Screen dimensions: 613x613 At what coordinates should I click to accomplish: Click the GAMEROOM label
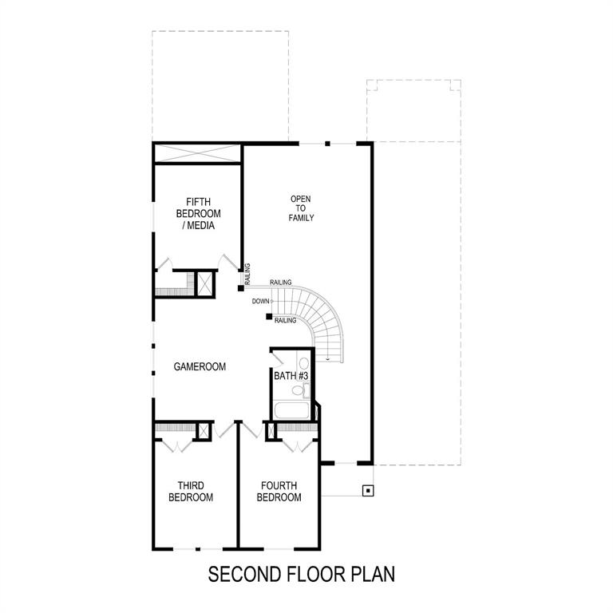(200, 367)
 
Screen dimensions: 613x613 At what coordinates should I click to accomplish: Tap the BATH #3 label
(291, 375)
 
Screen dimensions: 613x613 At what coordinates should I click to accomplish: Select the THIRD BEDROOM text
(195, 492)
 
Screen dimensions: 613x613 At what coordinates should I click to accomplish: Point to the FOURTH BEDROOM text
(279, 492)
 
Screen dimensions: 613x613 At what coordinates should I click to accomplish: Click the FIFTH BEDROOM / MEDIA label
(199, 213)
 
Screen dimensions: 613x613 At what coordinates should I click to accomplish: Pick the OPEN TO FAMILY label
(302, 208)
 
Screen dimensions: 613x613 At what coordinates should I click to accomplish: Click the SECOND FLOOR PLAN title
(302, 573)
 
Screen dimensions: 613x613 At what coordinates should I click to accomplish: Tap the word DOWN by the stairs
(260, 301)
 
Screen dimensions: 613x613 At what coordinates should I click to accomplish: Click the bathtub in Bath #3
(291, 411)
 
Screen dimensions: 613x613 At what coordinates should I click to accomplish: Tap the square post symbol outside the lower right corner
(367, 490)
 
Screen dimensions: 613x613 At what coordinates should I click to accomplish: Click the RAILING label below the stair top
(285, 320)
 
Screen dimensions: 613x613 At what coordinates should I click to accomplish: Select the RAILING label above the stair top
(280, 283)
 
